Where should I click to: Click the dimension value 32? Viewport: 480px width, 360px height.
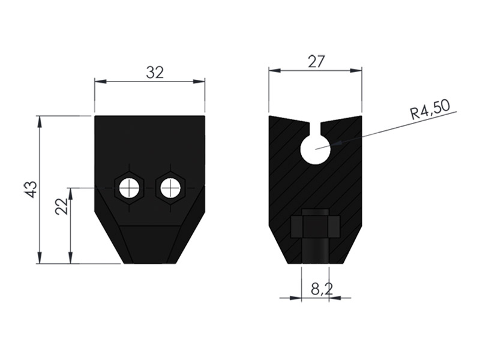pyautogui.click(x=155, y=73)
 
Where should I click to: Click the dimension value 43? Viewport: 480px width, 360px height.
pyautogui.click(x=31, y=190)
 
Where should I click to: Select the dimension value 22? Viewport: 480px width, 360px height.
pyautogui.click(x=62, y=206)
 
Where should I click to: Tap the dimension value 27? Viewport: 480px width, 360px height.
pyautogui.click(x=316, y=62)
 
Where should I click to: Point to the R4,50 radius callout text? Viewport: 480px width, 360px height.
pyautogui.click(x=430, y=110)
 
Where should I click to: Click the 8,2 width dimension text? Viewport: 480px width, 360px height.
pyautogui.click(x=322, y=289)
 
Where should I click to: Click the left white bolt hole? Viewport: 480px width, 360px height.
pyautogui.click(x=129, y=188)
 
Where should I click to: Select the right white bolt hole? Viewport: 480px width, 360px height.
pyautogui.click(x=170, y=188)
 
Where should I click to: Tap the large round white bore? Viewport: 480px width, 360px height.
pyautogui.click(x=316, y=149)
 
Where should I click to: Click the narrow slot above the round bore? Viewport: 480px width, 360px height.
pyautogui.click(x=316, y=128)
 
